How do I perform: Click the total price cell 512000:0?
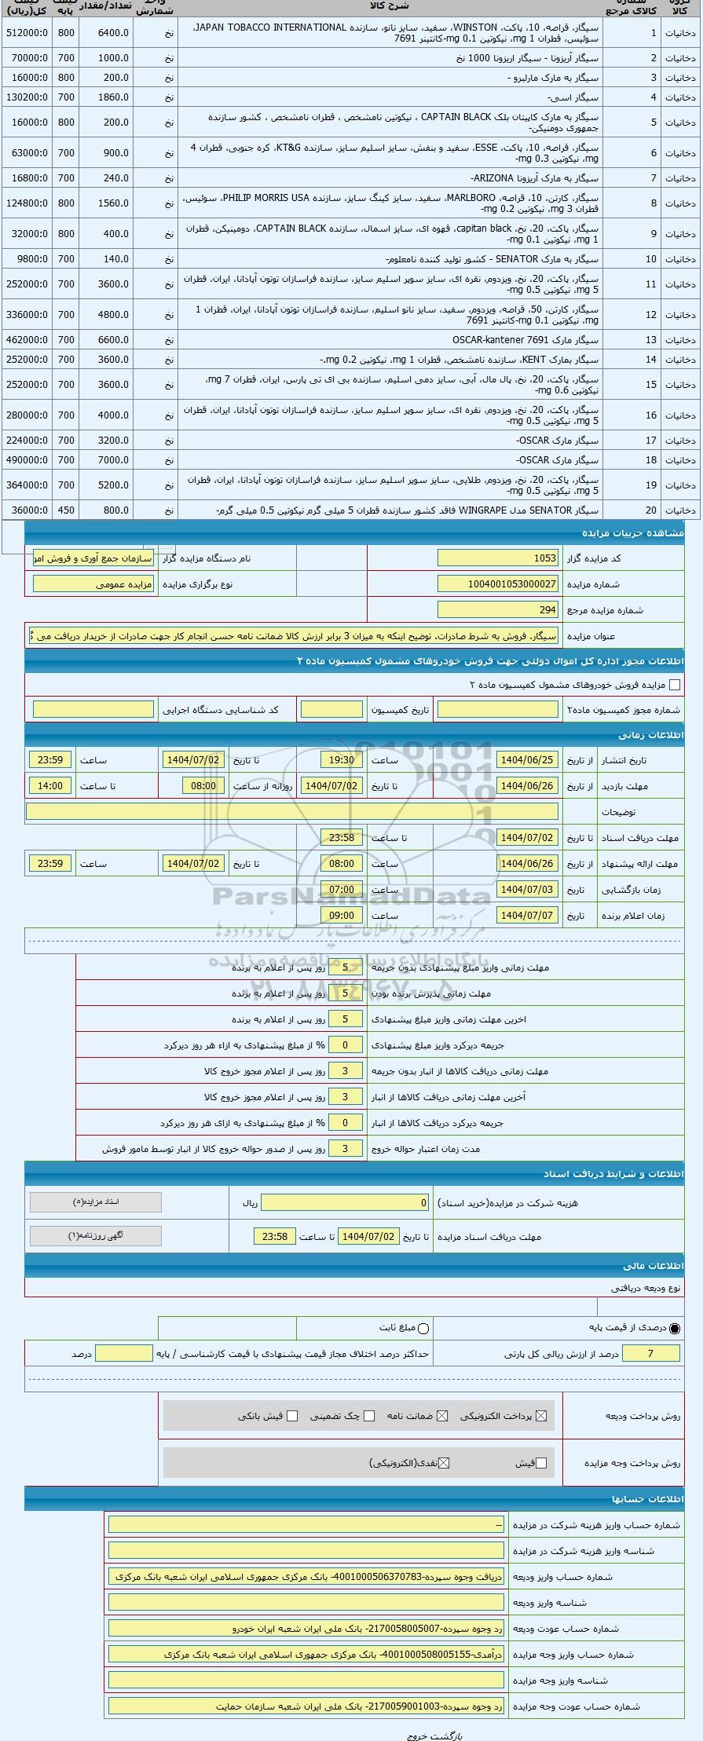[x=27, y=33]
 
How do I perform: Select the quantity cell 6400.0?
[x=106, y=33]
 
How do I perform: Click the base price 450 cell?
[x=66, y=510]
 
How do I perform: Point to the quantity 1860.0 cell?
[x=106, y=97]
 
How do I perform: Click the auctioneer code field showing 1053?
[x=498, y=558]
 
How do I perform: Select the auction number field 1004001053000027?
[x=498, y=584]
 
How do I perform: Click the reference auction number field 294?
[x=498, y=609]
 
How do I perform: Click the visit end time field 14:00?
[x=50, y=786]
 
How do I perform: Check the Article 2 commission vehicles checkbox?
[x=674, y=685]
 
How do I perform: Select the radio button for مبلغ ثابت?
[x=423, y=1329]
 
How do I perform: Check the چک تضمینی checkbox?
[x=370, y=1416]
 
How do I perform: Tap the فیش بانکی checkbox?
[x=293, y=1416]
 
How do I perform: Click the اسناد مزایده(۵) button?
[x=95, y=1202]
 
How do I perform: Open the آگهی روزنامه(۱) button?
[x=95, y=1236]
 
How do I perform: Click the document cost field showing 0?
[x=345, y=1203]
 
